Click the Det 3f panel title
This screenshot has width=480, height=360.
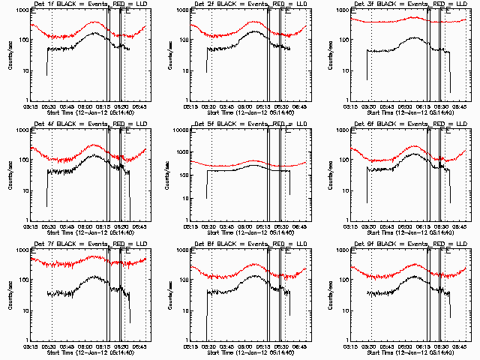(x=409, y=4)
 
